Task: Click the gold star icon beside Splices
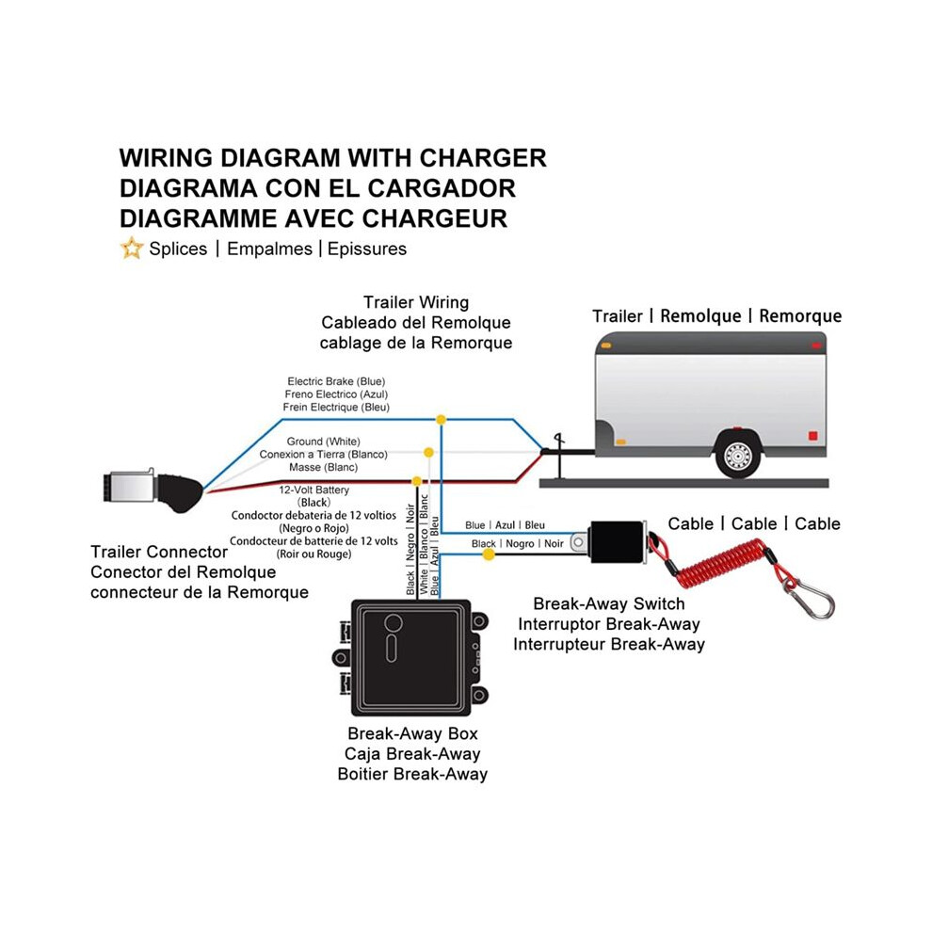pos(132,248)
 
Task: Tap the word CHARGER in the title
pos(483,158)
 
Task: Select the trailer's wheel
pos(737,457)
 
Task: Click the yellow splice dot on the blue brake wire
pos(441,420)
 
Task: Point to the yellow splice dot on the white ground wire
pos(428,453)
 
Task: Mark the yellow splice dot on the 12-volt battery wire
pos(417,481)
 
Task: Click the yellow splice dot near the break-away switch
pos(489,554)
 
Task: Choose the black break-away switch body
pos(618,541)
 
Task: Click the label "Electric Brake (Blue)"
pos(336,381)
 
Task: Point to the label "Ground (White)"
pos(323,442)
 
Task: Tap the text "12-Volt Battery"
pos(313,490)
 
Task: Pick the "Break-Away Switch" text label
pos(609,603)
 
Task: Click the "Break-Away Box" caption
pos(412,733)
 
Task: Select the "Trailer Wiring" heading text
pos(416,302)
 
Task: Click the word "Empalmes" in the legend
pos(269,249)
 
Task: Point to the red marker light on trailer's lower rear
pos(812,436)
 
